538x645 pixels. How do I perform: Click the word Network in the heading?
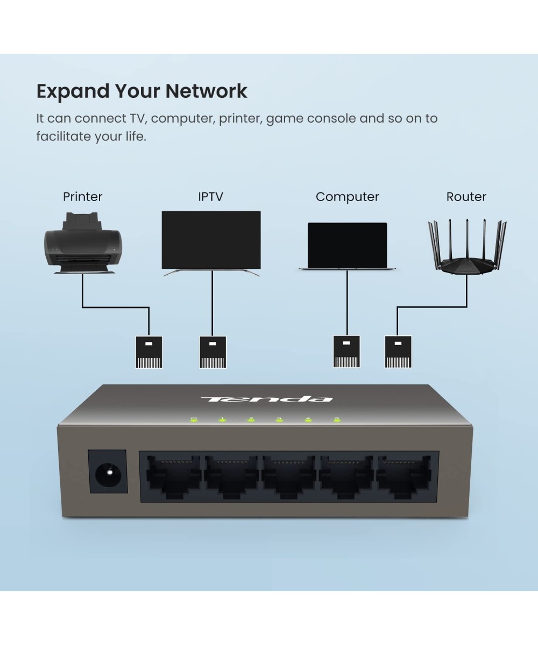tap(206, 91)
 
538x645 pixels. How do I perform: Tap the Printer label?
tap(82, 197)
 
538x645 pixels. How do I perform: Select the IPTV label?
tap(210, 197)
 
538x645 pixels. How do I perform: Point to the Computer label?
tap(347, 197)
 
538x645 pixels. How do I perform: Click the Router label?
tap(466, 197)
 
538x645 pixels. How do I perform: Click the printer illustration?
tap(83, 245)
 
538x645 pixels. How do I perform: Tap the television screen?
tap(211, 240)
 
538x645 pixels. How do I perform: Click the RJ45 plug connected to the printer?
tap(149, 352)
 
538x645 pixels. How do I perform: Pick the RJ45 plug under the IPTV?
tap(213, 352)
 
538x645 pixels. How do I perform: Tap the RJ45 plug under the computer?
tap(346, 352)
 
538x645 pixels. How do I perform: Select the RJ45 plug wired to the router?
tap(398, 352)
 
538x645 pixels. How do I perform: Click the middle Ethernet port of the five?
tap(288, 476)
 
